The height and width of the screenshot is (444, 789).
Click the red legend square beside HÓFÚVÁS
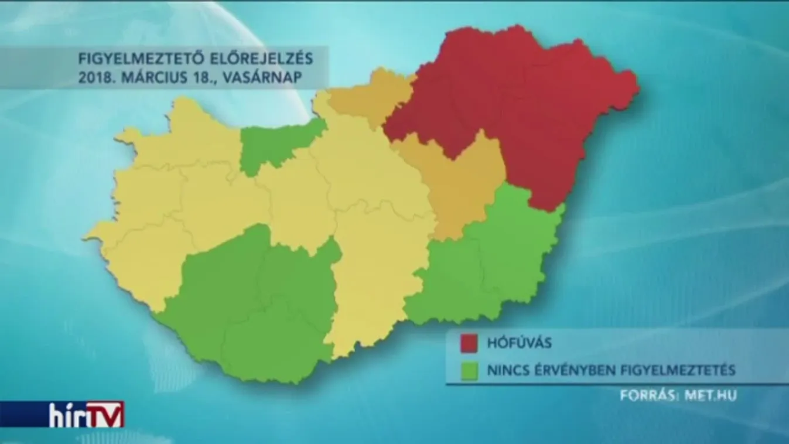[x=469, y=343]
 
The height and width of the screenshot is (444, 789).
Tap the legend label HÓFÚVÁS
[x=519, y=343]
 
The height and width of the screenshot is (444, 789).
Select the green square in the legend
[x=469, y=370]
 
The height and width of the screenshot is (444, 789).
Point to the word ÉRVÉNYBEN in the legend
[x=569, y=370]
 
